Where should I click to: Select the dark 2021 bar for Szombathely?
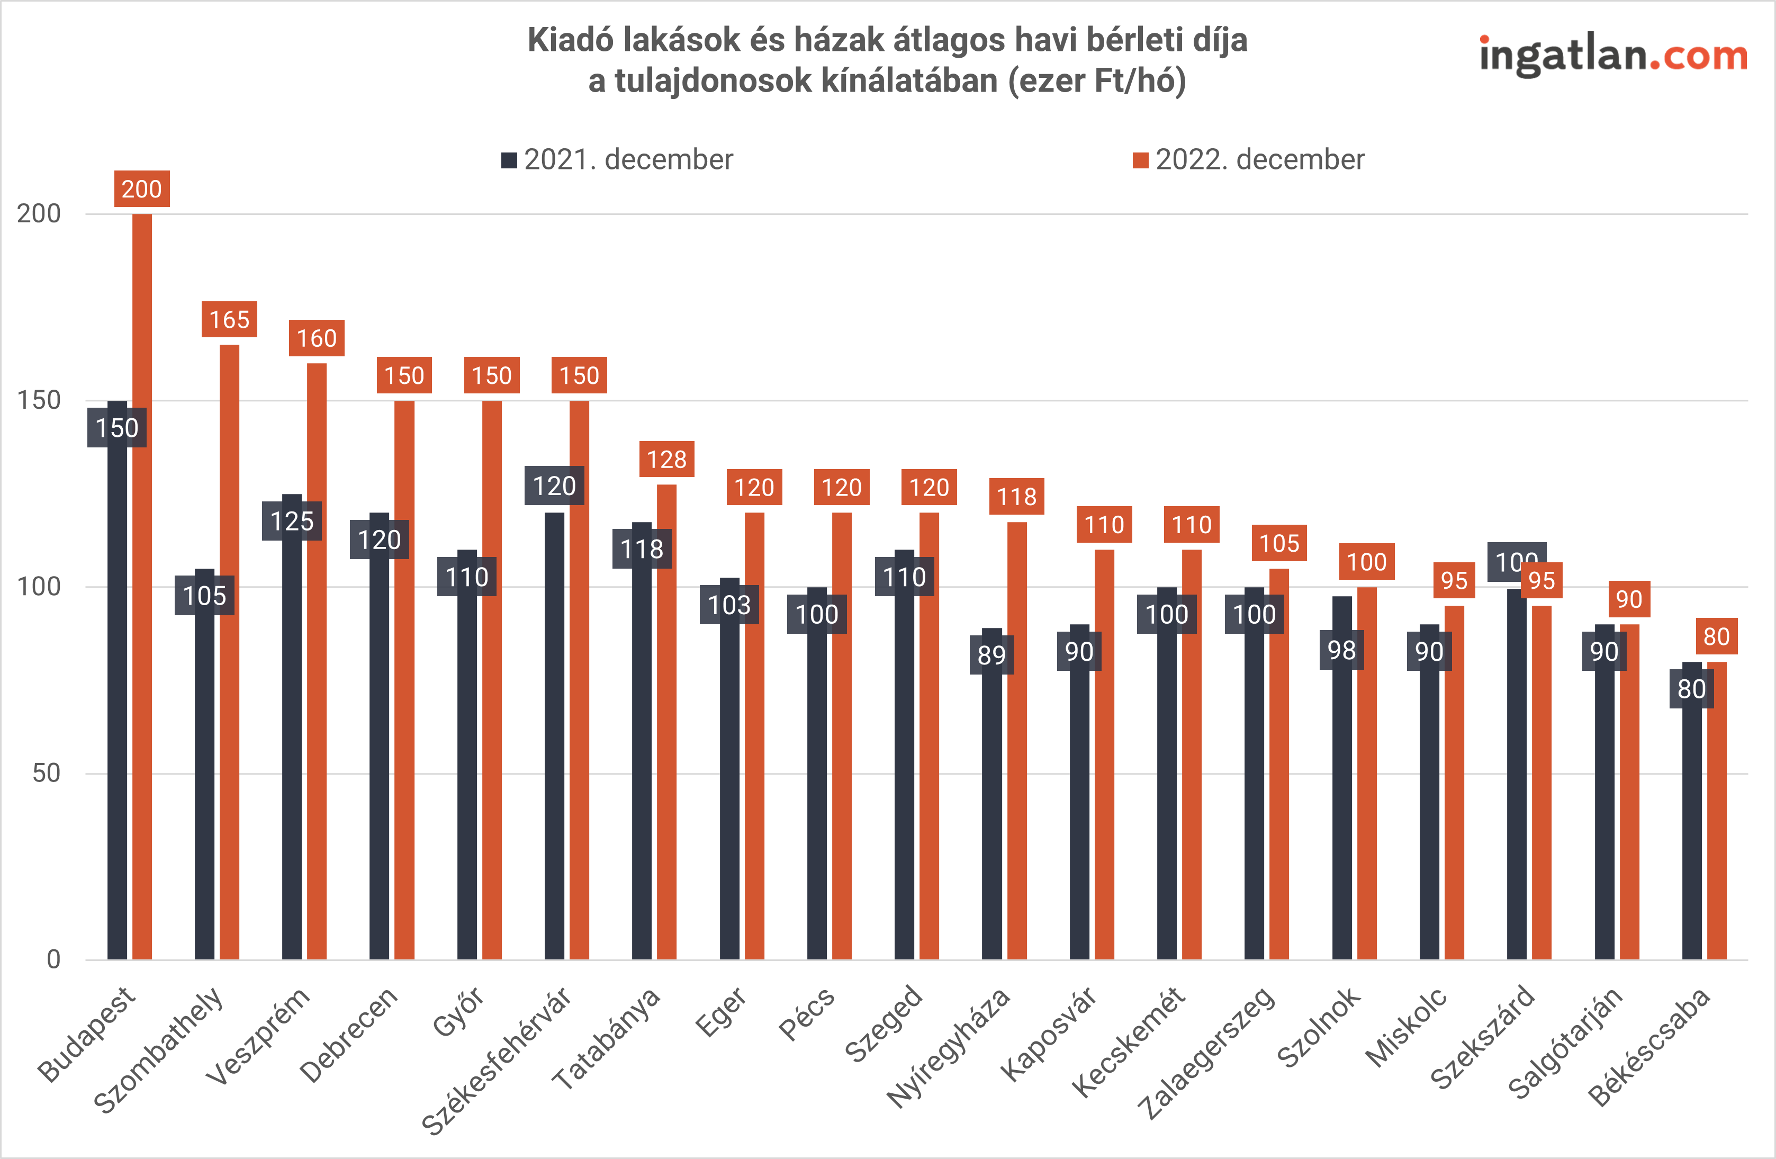[x=204, y=784]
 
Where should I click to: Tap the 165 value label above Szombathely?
[x=229, y=319]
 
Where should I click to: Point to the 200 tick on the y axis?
[x=39, y=214]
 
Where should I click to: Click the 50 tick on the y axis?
[x=46, y=773]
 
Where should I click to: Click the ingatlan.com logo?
[x=1612, y=56]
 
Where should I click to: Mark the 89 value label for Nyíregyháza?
[x=991, y=654]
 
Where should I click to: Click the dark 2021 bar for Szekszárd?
[x=1516, y=776]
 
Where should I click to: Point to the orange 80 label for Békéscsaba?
[x=1716, y=636]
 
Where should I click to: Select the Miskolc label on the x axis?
[x=1407, y=1026]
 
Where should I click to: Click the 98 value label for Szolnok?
[x=1341, y=650]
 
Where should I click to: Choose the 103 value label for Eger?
[x=729, y=605]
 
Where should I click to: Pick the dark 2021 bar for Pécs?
[x=817, y=798]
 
